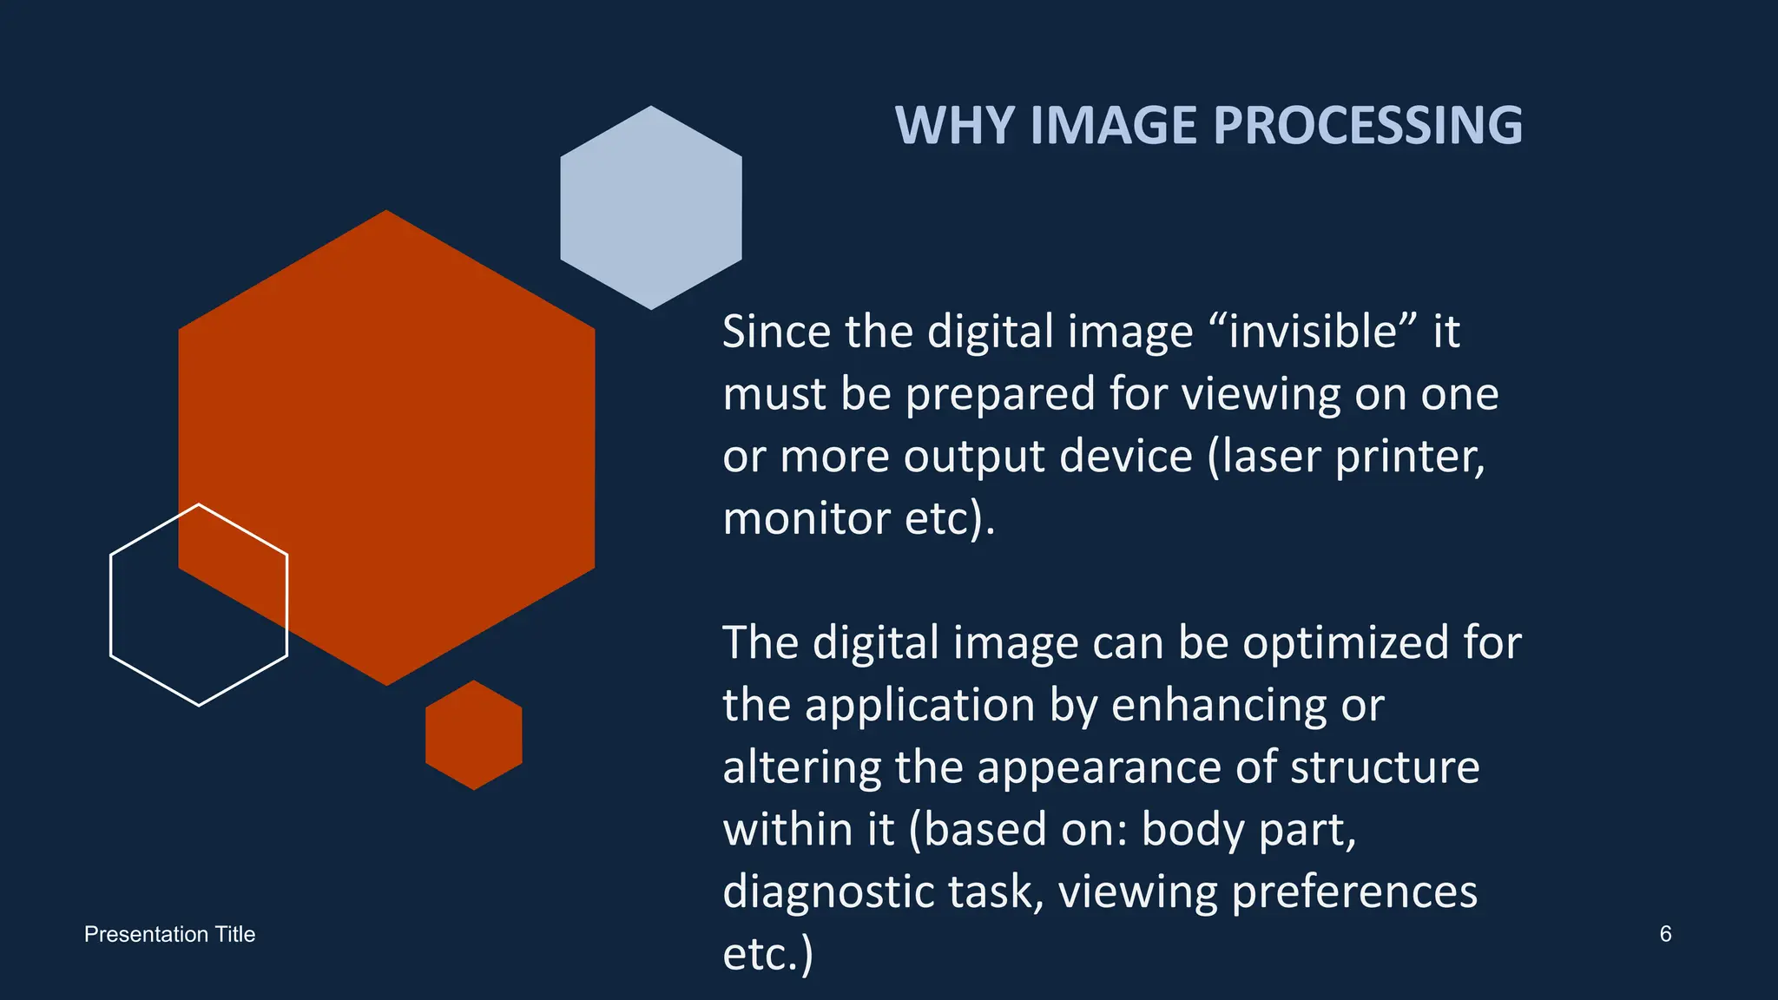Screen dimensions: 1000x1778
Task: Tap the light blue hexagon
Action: click(x=651, y=208)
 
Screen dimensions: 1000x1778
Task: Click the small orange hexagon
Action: click(x=474, y=735)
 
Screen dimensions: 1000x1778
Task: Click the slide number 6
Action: click(x=1665, y=934)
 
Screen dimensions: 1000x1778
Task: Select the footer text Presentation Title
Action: click(x=170, y=934)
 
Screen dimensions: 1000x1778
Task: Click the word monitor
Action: click(x=807, y=519)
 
